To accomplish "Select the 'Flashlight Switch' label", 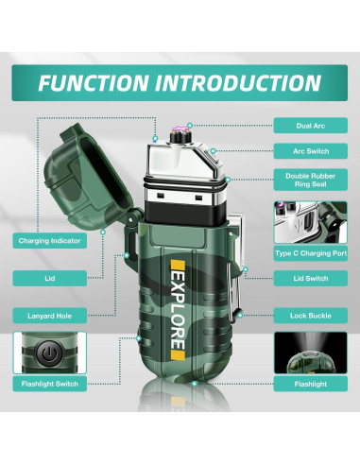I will pos(49,385).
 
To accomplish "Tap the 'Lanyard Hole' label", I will pos(49,315).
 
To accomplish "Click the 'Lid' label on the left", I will pos(49,278).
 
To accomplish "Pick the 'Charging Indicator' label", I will pos(49,241).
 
